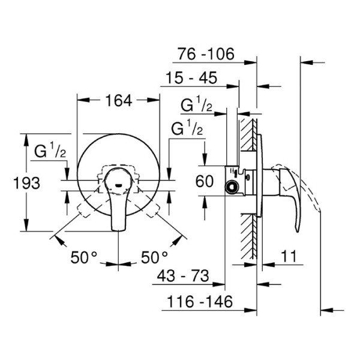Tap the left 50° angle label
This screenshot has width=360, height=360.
click(84, 257)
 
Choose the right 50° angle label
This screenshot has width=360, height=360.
click(155, 257)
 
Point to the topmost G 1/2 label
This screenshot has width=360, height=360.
click(196, 106)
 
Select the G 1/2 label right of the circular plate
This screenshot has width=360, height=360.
click(187, 128)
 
